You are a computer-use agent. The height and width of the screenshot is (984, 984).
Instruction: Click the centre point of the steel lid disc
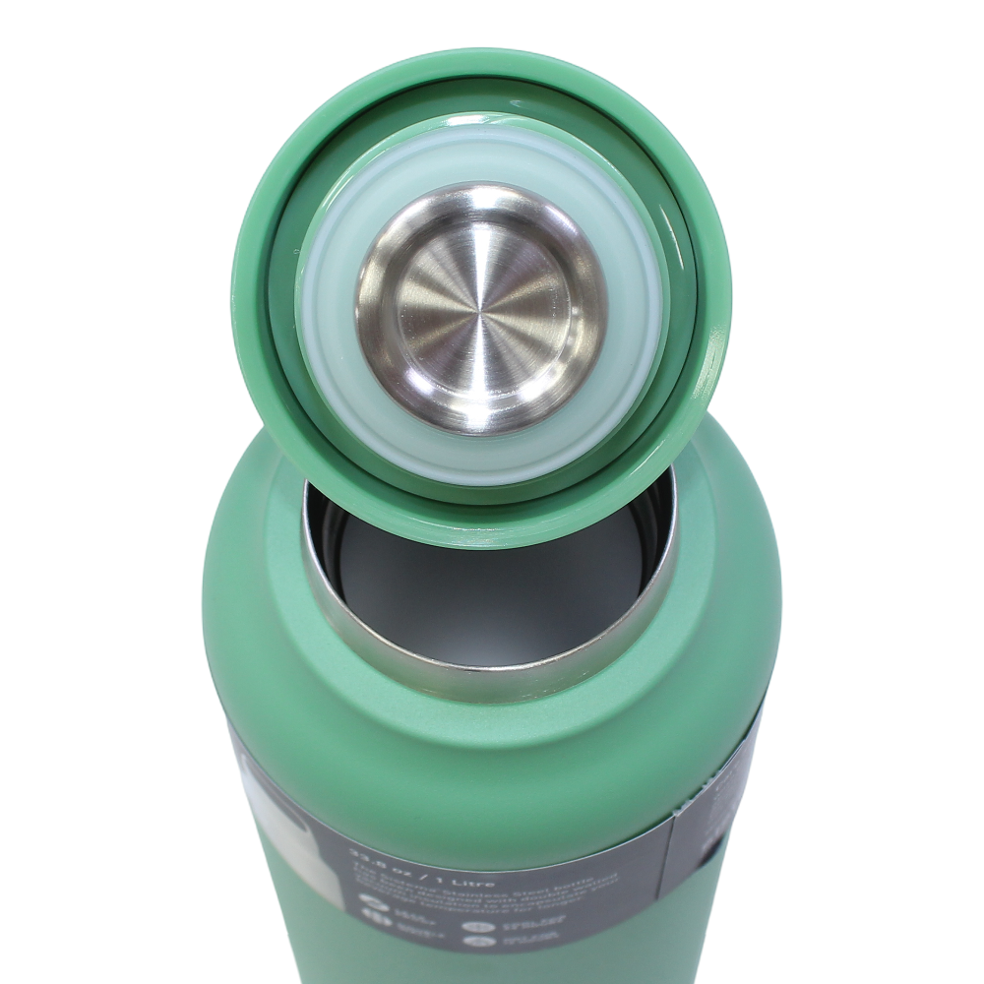click(x=480, y=308)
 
